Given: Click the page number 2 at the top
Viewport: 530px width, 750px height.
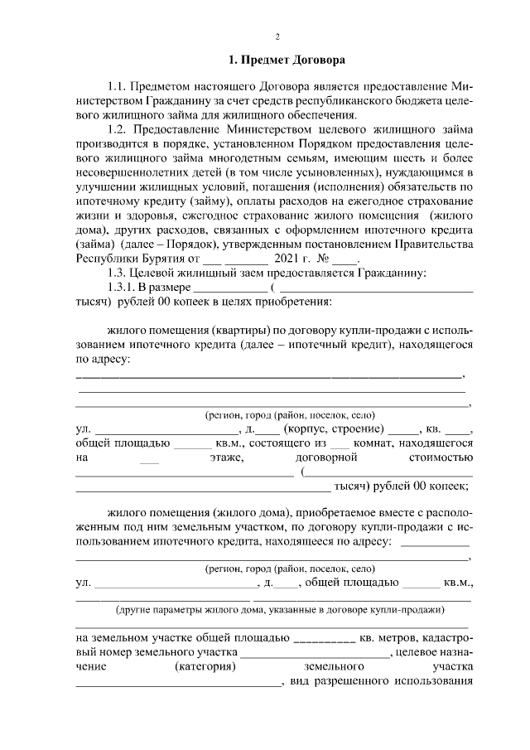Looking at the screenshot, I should (277, 36).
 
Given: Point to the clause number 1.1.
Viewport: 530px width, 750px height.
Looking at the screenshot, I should (120, 86).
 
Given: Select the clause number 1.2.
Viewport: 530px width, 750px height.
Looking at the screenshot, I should (120, 129).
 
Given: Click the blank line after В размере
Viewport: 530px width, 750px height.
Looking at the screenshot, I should (230, 288).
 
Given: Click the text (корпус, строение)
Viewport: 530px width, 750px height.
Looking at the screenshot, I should (333, 429).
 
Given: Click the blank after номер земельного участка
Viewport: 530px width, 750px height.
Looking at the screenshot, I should (315, 654).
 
